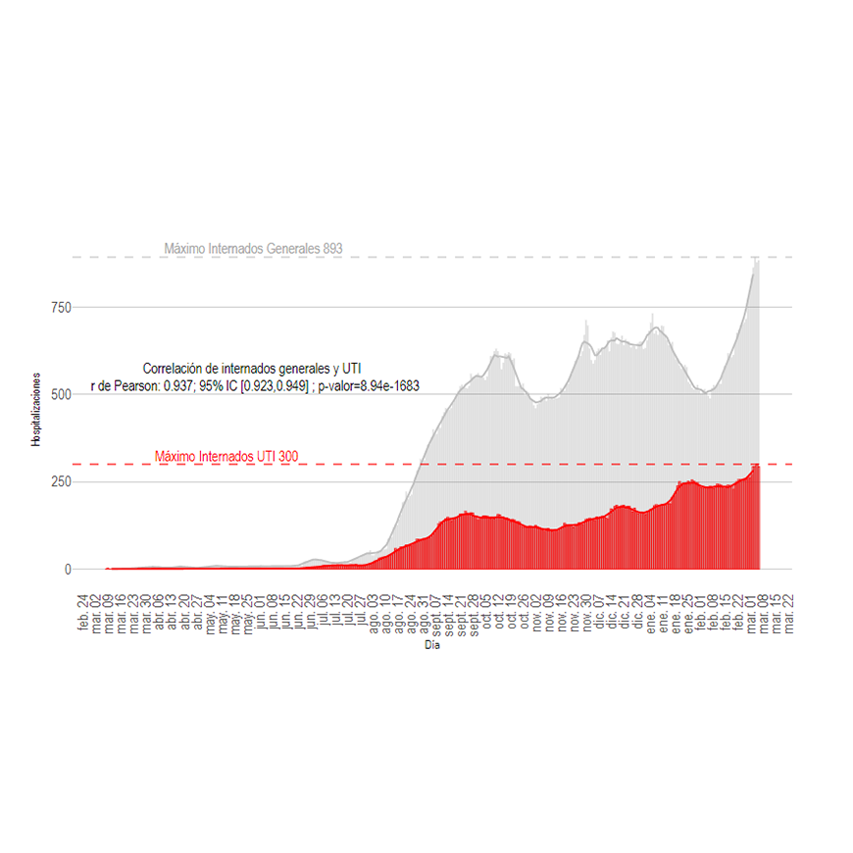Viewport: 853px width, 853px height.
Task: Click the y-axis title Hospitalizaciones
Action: pos(35,410)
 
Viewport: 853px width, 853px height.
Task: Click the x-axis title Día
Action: pos(432,645)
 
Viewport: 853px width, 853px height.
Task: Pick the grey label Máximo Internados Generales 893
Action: pos(253,249)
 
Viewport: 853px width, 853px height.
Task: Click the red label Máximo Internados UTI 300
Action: pos(226,456)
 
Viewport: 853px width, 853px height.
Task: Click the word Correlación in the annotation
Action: pos(176,369)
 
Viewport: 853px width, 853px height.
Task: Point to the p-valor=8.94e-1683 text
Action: pos(369,386)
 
